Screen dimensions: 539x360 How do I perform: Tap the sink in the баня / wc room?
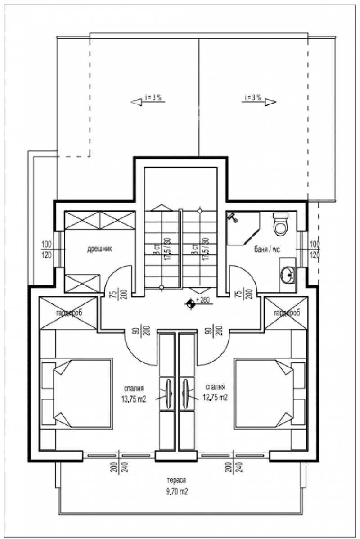coord(287,273)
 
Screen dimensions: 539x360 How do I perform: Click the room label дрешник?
coord(99,248)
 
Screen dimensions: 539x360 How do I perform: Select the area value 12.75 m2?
coord(215,398)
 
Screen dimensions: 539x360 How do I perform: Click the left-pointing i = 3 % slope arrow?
coord(137,102)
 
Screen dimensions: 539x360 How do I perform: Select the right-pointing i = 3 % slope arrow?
coord(269,102)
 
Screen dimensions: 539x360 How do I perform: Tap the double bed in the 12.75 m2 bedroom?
coord(264,393)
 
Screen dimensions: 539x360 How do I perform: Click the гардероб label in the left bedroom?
coord(68,313)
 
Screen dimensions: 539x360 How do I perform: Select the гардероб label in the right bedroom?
coord(287,313)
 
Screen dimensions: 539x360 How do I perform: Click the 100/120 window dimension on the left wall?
coord(46,251)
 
